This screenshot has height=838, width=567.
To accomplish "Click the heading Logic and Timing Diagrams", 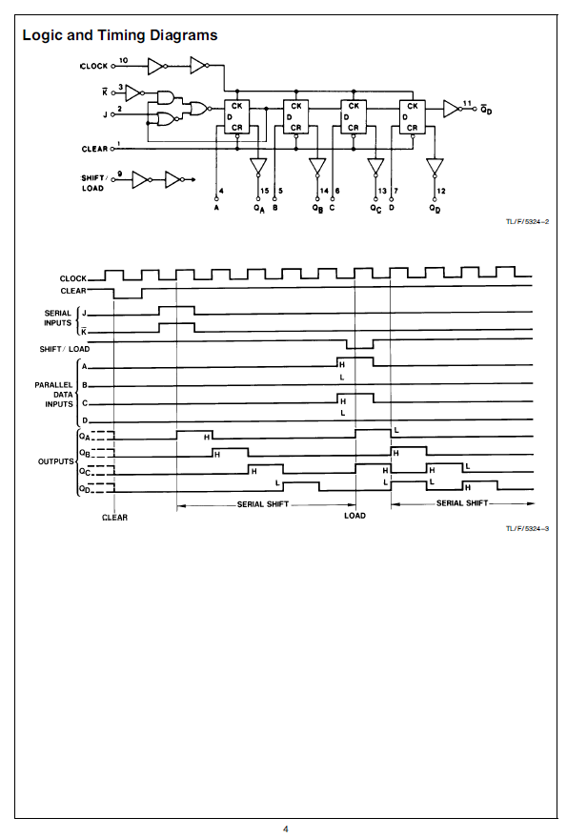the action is (x=120, y=35).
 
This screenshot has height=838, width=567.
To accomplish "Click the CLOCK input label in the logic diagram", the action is (x=94, y=67).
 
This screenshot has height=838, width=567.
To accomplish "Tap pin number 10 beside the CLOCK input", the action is (x=123, y=60).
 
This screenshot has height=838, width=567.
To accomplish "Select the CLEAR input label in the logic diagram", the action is (x=94, y=149).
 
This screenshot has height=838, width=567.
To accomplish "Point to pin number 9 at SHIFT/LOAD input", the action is (x=120, y=174).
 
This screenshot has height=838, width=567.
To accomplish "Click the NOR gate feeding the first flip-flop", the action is (x=199, y=109).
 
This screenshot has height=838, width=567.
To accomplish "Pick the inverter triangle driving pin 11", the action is (x=452, y=109).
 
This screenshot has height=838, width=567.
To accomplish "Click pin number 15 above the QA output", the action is (x=265, y=191).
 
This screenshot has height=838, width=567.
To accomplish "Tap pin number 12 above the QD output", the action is (x=441, y=191).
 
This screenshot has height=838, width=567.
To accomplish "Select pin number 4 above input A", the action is (x=221, y=191).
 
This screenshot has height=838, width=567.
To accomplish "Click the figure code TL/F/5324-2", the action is (x=527, y=222).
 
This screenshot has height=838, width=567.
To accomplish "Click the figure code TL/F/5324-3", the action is (x=527, y=528).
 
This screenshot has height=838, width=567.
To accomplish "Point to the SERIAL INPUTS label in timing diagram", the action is (x=58, y=318).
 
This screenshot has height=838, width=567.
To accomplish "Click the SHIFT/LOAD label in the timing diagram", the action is (x=65, y=349).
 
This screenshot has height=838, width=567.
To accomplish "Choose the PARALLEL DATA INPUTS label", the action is (x=54, y=395).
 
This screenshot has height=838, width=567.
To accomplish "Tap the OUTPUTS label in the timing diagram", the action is (x=55, y=461).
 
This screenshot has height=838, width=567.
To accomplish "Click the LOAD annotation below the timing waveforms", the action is (x=354, y=516).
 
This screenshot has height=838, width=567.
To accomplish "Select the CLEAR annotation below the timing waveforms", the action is (x=115, y=518).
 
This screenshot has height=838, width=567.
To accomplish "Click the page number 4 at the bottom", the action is (x=285, y=829).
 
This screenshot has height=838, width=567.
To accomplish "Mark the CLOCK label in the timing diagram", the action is (x=73, y=278).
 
